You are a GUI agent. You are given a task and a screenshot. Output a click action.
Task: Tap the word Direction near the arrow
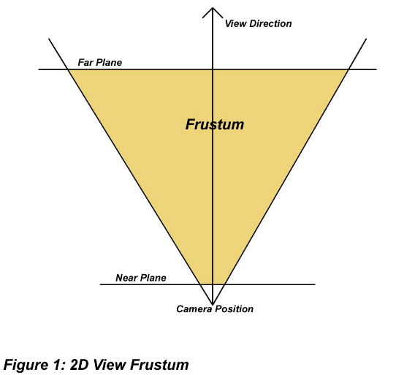click(x=270, y=23)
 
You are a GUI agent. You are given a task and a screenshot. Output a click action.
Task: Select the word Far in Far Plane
click(x=85, y=63)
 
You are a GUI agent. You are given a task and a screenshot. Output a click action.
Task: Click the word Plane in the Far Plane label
click(x=109, y=63)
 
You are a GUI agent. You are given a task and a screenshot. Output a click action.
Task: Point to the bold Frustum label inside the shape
click(x=215, y=124)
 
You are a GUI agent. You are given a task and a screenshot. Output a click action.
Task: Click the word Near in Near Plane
click(x=126, y=278)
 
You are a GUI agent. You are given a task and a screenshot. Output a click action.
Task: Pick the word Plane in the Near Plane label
click(x=153, y=278)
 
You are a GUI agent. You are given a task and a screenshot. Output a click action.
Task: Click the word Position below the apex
click(x=234, y=308)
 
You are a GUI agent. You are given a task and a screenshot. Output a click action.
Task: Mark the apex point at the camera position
click(x=213, y=304)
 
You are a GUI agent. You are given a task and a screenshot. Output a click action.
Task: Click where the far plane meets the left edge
click(x=68, y=69)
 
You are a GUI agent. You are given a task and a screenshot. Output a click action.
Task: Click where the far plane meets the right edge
click(x=349, y=69)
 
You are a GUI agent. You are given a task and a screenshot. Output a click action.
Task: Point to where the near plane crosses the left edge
click(x=201, y=284)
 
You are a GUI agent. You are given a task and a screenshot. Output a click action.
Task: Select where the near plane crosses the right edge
click(x=224, y=284)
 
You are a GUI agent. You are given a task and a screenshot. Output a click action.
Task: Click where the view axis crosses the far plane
click(x=213, y=69)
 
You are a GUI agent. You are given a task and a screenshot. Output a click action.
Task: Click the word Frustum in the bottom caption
click(x=159, y=365)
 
